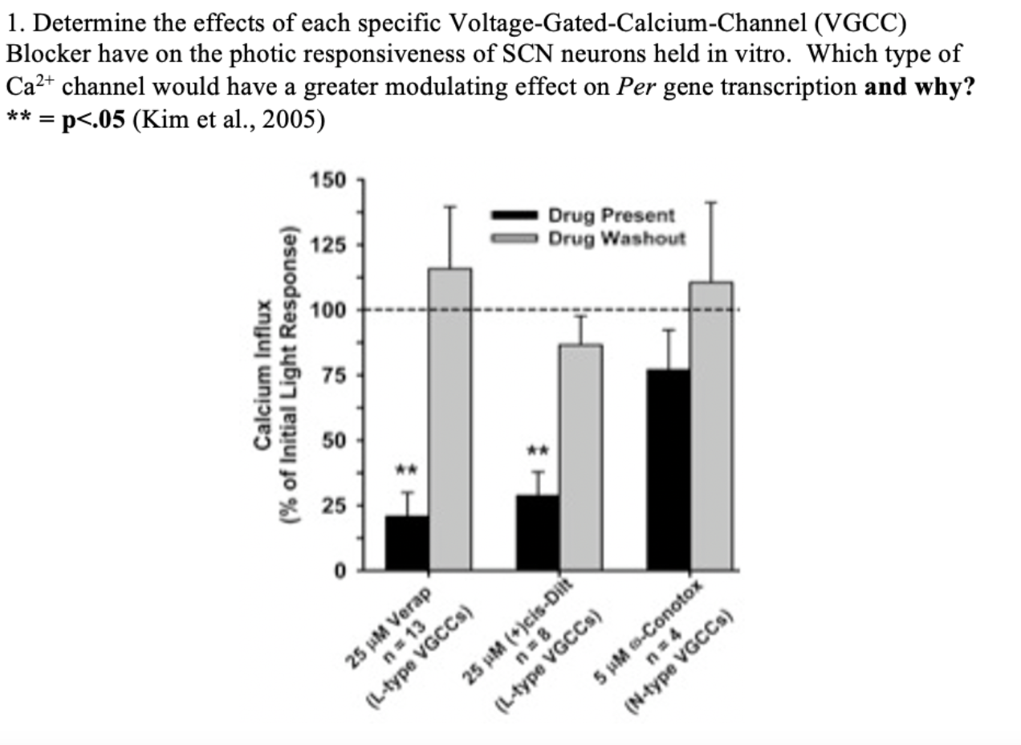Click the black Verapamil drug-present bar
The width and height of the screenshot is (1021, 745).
(406, 543)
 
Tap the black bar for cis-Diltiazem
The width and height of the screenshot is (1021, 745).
(538, 533)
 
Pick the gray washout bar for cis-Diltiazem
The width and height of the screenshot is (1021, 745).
(580, 457)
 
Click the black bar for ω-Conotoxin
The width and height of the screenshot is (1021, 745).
(669, 470)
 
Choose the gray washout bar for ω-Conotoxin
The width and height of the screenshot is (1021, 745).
(711, 425)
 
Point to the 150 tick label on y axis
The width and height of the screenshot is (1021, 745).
(329, 180)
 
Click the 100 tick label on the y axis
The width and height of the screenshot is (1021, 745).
(329, 310)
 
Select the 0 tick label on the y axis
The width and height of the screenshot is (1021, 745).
(340, 571)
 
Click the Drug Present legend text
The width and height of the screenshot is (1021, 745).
(611, 215)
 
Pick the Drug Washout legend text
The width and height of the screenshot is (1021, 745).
(616, 238)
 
